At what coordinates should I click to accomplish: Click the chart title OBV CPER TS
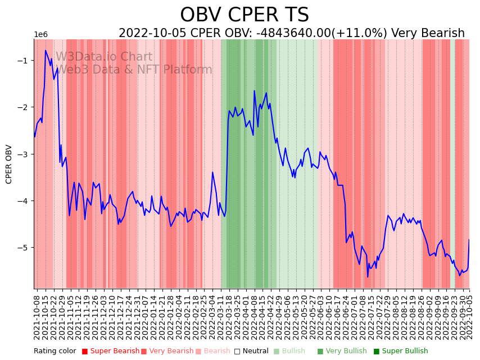[x=244, y=15]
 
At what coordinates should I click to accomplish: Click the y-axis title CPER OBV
[x=9, y=164]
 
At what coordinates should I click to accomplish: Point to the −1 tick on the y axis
[x=26, y=61]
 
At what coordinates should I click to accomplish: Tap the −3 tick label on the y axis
[x=26, y=154]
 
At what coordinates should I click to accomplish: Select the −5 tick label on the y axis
[x=26, y=248]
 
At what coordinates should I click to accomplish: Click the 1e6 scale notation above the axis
[x=41, y=35]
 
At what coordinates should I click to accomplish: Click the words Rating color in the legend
[x=55, y=352]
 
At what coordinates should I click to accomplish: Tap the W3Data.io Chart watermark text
[x=104, y=57]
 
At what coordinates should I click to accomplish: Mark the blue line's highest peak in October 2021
[x=46, y=51]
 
